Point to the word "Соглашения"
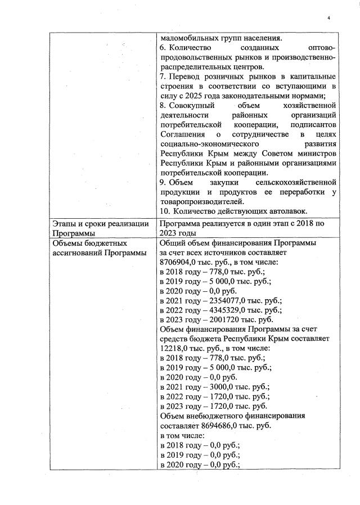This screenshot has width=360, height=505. click(x=182, y=134)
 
